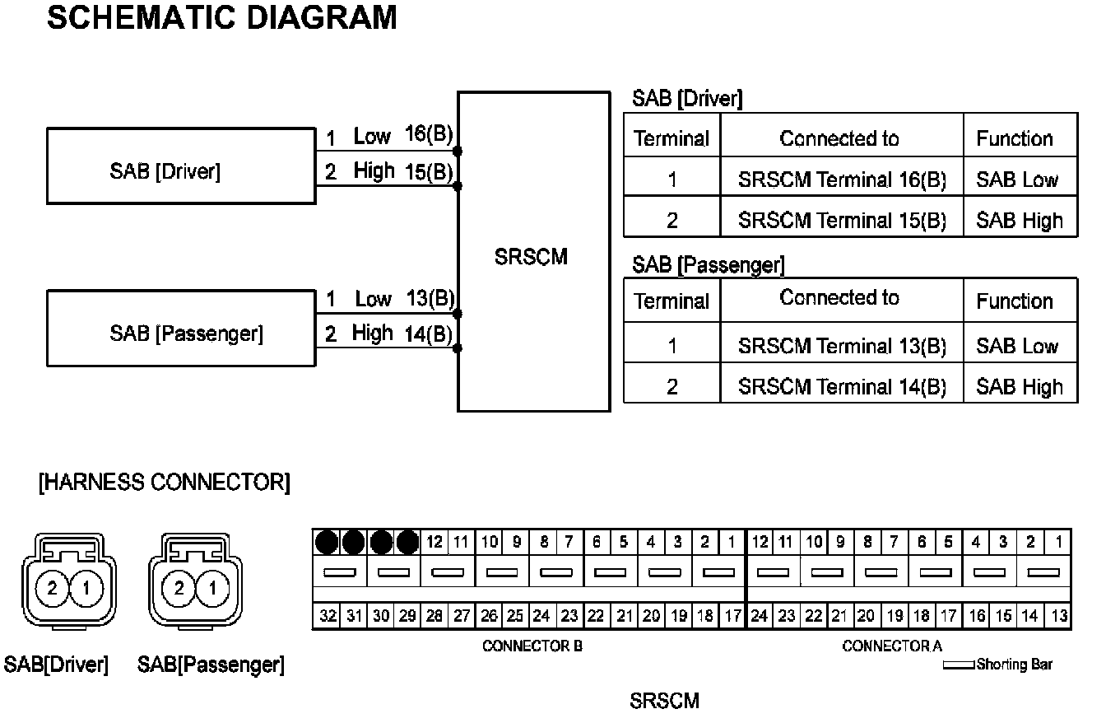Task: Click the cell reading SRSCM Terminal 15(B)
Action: click(842, 221)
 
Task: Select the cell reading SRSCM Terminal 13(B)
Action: click(842, 346)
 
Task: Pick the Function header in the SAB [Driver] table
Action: click(1015, 138)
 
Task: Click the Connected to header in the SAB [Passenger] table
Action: click(839, 298)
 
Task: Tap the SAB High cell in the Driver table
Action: click(1020, 221)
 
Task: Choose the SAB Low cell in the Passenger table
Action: click(1018, 346)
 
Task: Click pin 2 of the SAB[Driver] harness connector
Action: click(53, 588)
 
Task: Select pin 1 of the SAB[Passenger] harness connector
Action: click(213, 588)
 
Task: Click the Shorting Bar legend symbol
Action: click(958, 665)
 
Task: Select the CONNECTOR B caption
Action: click(532, 646)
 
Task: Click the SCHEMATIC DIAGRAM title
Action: click(222, 17)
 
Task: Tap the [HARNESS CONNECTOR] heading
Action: click(165, 483)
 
